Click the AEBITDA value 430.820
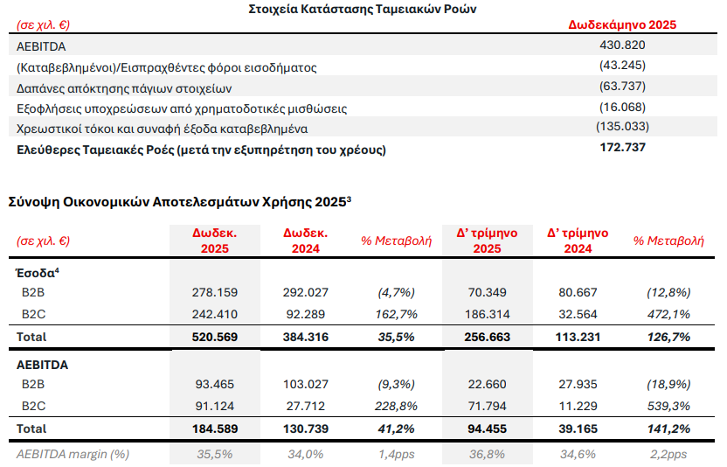coord(622,45)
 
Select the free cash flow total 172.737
coord(622,148)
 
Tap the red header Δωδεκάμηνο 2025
coord(622,24)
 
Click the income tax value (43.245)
coord(622,66)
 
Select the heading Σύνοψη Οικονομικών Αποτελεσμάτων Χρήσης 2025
coord(178,201)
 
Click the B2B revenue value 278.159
coord(214,292)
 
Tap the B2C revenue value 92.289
coord(305,313)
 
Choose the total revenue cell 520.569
coord(214,336)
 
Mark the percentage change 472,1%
coord(668,313)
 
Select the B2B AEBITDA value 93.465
coord(214,385)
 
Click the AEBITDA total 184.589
coord(214,429)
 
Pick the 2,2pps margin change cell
coord(668,454)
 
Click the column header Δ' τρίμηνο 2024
coord(578,241)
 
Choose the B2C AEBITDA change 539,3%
coord(668,406)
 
